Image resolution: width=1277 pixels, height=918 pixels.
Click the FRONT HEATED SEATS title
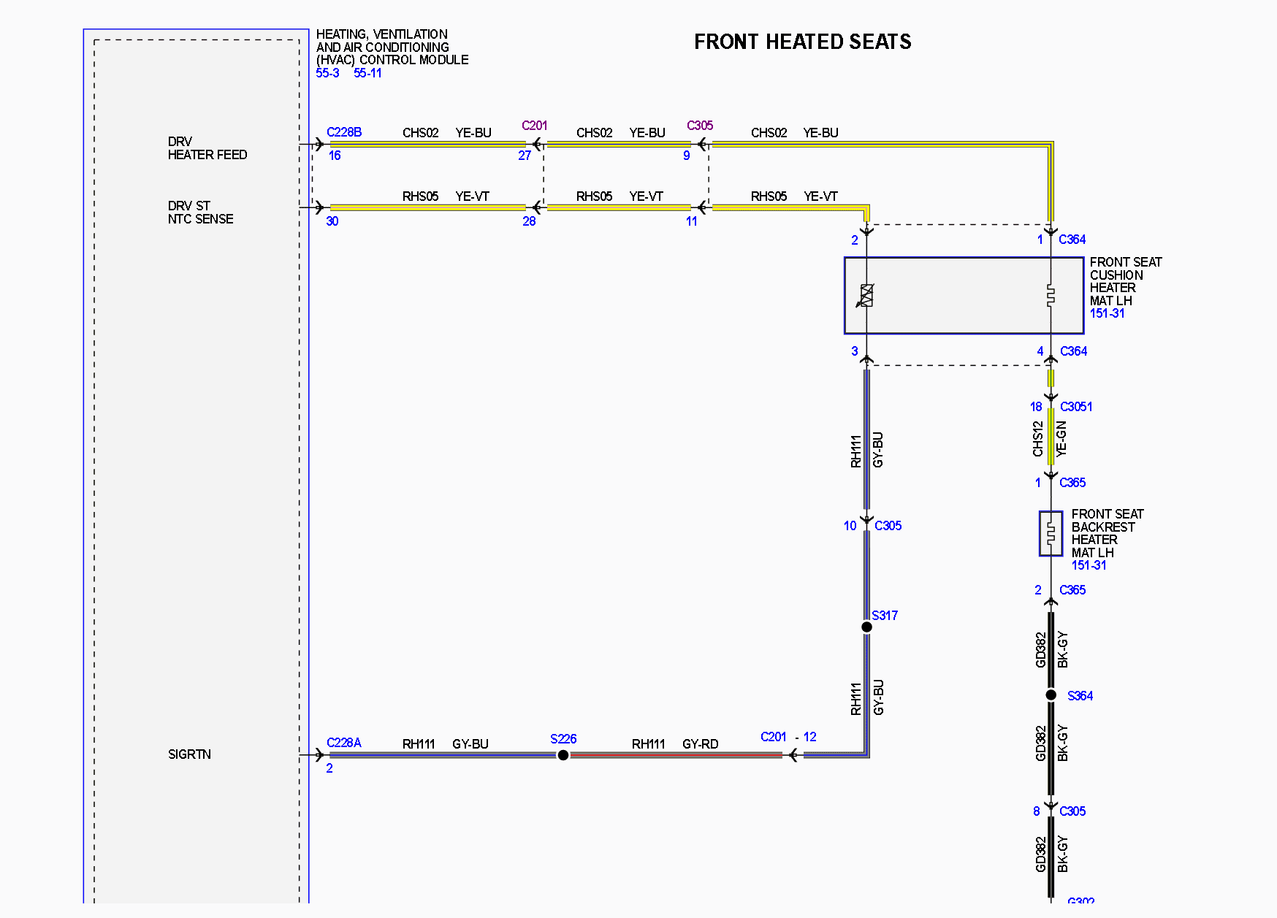[802, 42]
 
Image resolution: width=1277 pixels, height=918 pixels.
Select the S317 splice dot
[866, 627]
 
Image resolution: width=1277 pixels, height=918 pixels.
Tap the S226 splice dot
[563, 755]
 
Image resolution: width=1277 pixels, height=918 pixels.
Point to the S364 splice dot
[1051, 695]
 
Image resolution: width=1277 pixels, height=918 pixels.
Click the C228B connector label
[344, 132]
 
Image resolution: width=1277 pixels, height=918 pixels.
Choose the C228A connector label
[344, 743]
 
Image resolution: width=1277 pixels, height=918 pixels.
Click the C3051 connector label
[1076, 407]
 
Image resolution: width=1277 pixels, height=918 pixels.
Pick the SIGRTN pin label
[189, 754]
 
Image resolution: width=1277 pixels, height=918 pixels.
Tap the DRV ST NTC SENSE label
[201, 213]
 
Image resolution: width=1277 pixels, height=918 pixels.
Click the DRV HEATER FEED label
[207, 148]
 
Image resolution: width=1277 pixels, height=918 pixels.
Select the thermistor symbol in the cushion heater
[866, 295]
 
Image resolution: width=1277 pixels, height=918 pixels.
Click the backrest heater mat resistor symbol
[1051, 534]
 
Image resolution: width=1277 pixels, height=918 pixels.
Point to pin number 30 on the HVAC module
[332, 221]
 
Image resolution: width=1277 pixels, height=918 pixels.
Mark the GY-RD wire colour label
[700, 744]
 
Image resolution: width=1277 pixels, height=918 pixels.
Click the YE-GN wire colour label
[1061, 439]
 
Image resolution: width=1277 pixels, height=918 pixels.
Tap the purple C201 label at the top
[535, 126]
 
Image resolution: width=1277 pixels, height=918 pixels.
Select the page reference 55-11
[367, 73]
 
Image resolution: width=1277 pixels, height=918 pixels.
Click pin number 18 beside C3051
[1036, 407]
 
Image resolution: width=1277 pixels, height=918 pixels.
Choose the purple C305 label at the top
[700, 126]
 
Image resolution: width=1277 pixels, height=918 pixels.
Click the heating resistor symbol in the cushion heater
[1051, 295]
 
